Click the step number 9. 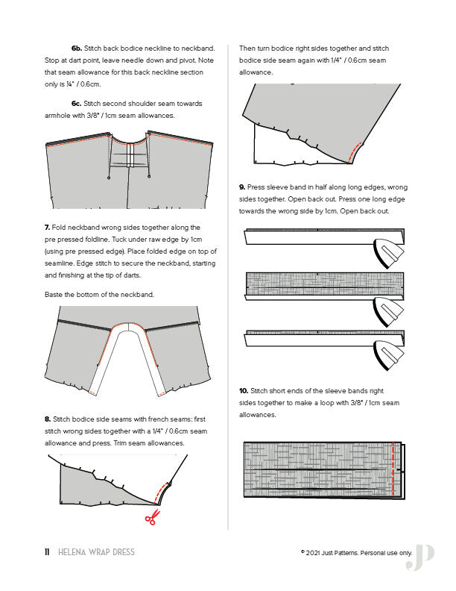pyautogui.click(x=242, y=187)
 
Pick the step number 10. pyautogui.click(x=244, y=390)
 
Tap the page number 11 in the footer pyautogui.click(x=46, y=552)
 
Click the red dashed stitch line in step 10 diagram pyautogui.click(x=393, y=470)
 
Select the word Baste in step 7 pyautogui.click(x=54, y=294)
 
